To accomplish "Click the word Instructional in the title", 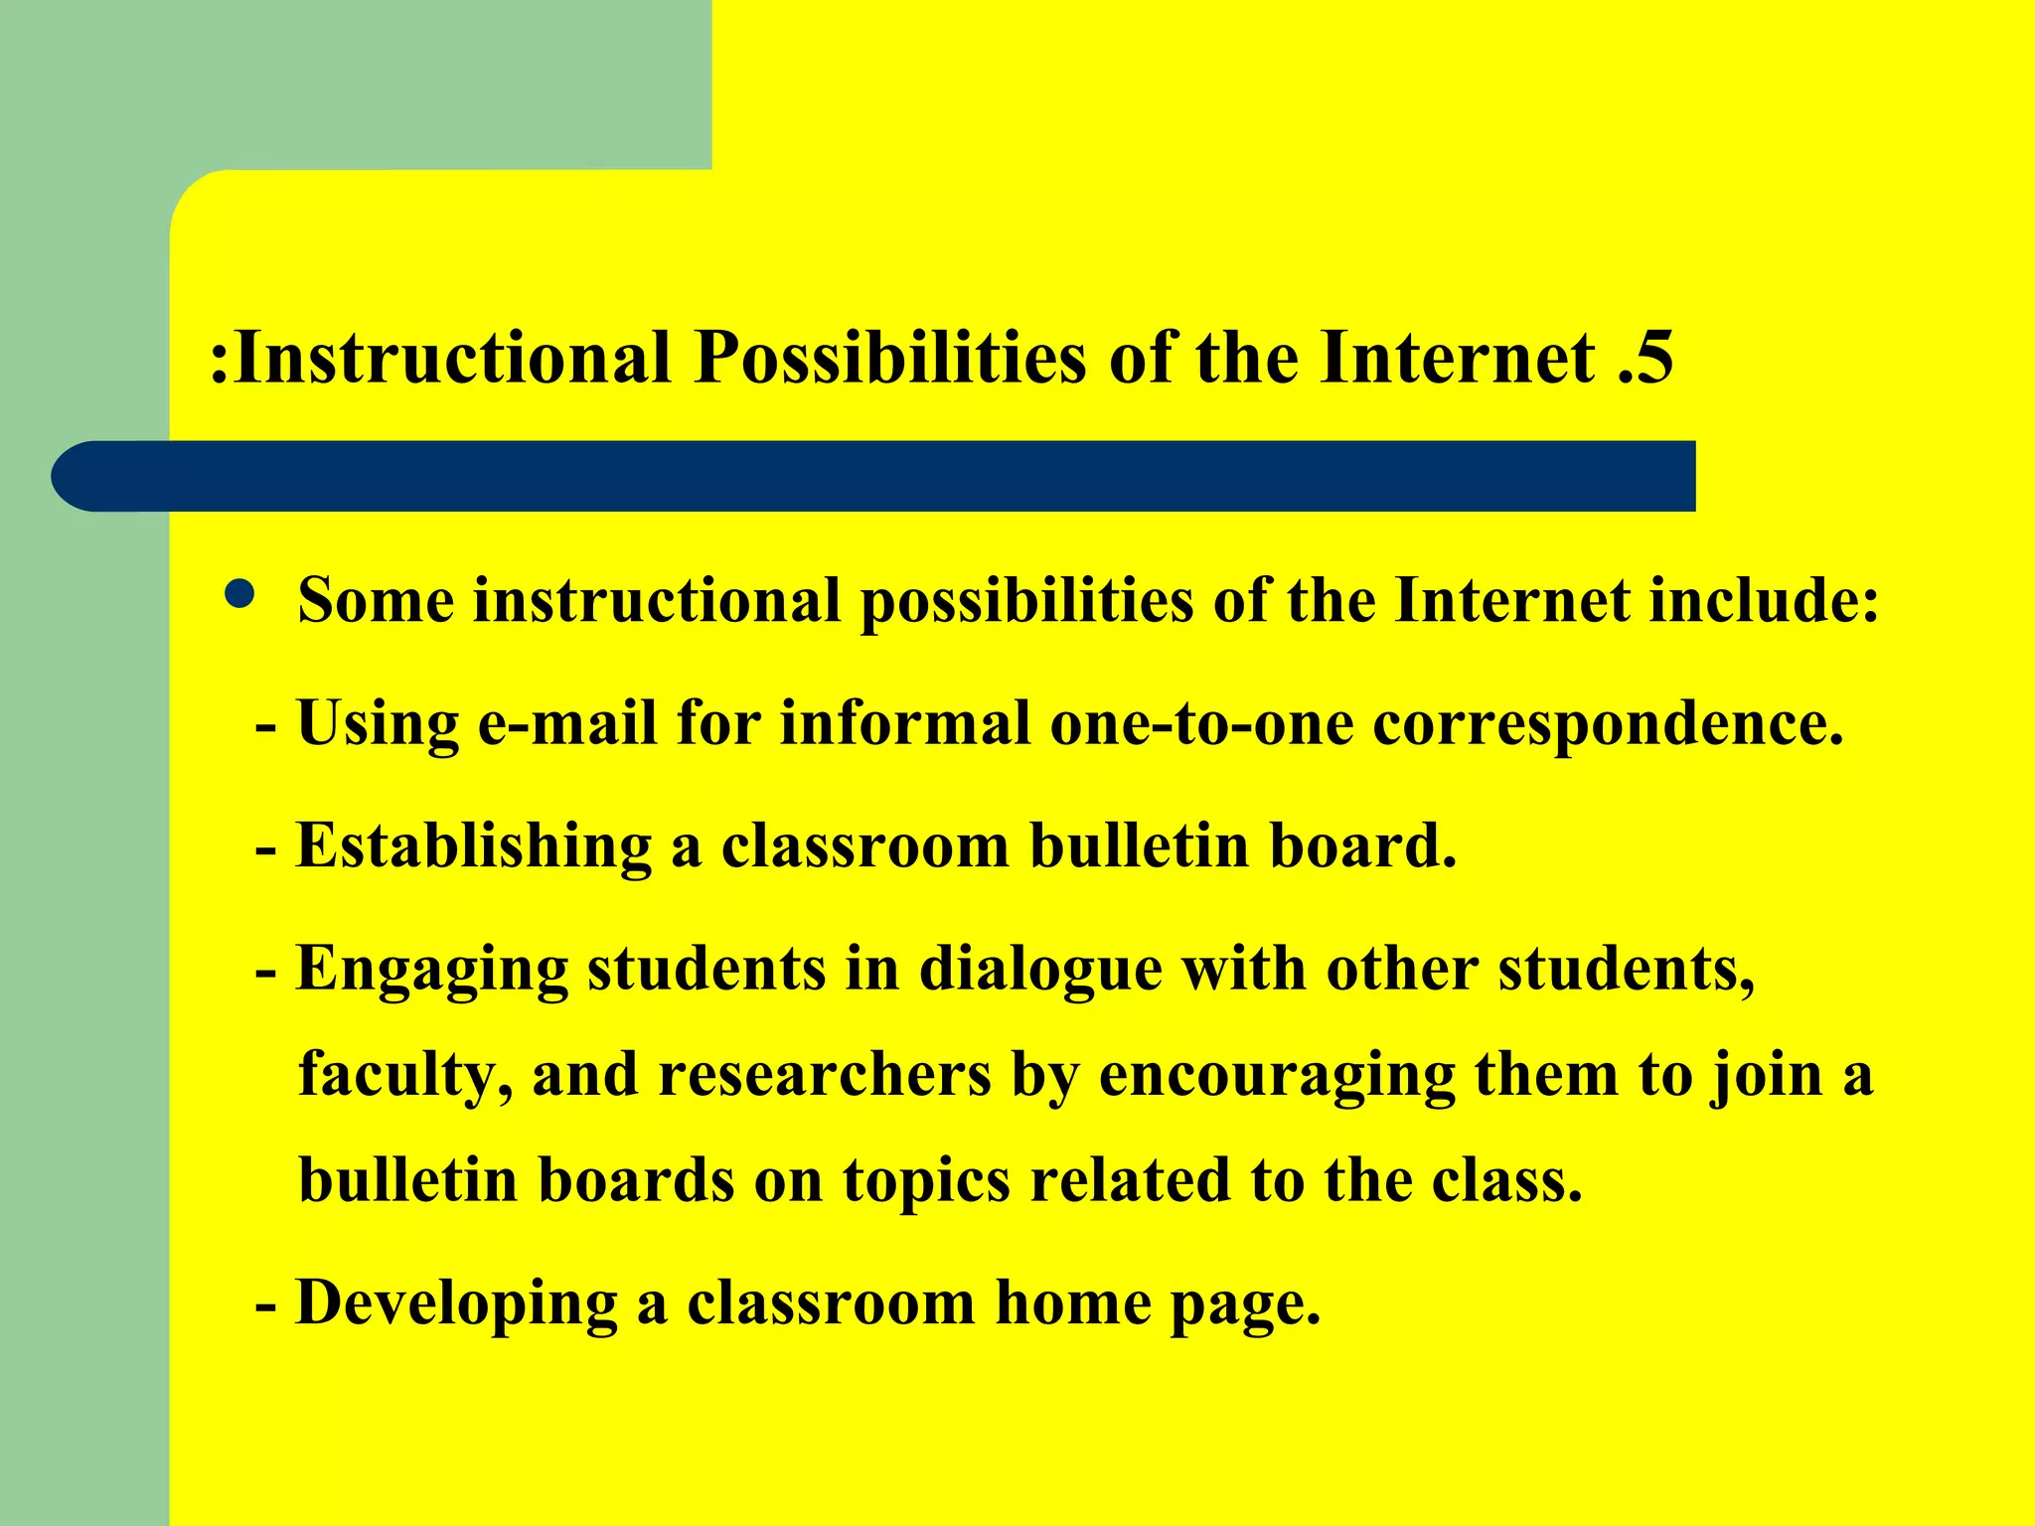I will pos(452,357).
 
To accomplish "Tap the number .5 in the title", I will pos(1645,357).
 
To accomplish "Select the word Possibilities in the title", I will pos(890,357).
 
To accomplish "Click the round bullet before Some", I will pos(239,595).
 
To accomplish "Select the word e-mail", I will pos(567,722).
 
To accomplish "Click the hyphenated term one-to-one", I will pos(1201,722).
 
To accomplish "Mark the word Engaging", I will pos(432,970).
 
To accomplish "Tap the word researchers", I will pos(825,1076).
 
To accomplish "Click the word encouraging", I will pos(1277,1076).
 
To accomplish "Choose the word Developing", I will pos(456,1304).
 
